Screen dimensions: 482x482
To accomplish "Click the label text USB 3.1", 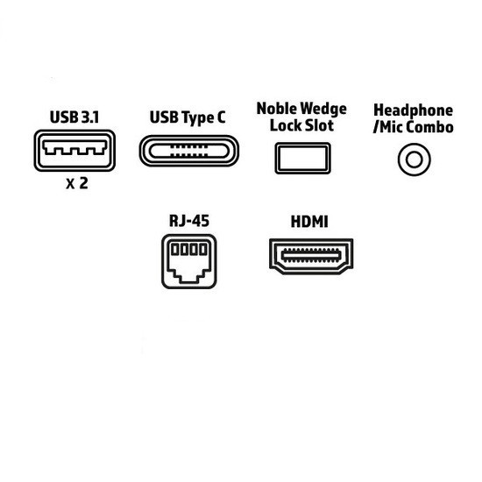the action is coord(74,117).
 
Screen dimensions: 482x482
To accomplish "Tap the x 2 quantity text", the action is coord(77,183).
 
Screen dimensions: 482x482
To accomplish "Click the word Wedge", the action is coord(323,110).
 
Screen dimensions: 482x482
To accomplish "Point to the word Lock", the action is coord(284,125).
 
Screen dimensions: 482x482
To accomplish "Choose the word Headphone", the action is coord(413,110).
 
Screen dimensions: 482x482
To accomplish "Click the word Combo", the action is coord(433,127).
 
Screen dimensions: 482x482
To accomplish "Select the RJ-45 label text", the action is coord(189,221).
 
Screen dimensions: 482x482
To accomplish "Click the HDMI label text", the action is coord(309,222).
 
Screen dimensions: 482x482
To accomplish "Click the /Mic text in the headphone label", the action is coord(391,127).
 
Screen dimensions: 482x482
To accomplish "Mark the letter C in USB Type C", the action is coord(221,117).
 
